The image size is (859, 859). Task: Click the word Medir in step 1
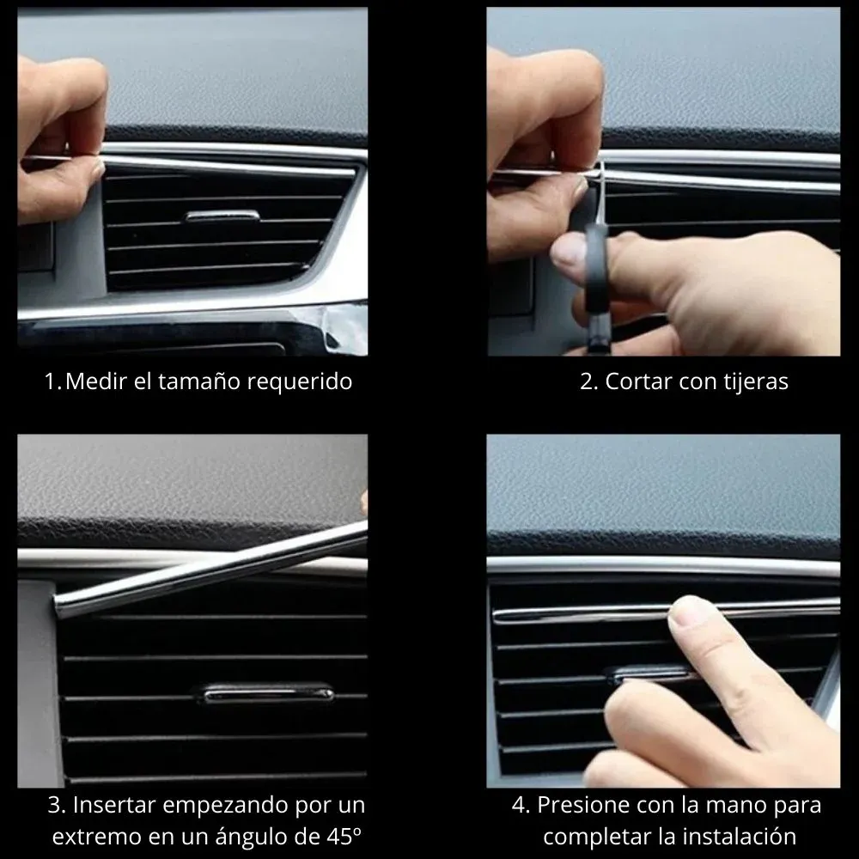click(x=90, y=381)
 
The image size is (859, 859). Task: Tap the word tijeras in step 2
click(x=756, y=381)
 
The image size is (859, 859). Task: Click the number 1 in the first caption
click(x=50, y=381)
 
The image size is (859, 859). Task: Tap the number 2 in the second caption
click(x=587, y=381)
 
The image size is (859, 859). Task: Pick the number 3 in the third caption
click(x=54, y=805)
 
